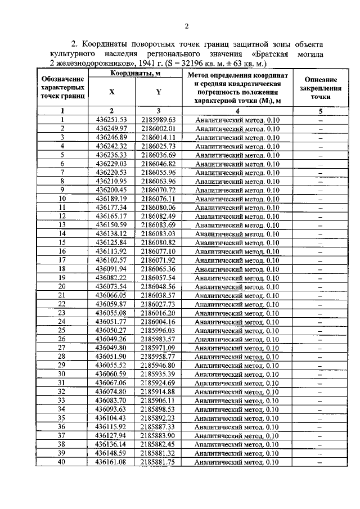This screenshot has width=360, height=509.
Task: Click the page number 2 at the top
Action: pos(186,26)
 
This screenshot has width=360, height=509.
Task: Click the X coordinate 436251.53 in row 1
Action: pos(111,120)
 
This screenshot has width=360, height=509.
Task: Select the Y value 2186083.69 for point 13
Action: pos(159,225)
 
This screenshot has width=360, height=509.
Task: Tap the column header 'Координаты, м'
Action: pos(134,74)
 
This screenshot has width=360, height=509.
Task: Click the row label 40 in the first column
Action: pos(62,462)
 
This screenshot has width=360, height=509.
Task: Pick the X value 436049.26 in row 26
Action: pos(111,339)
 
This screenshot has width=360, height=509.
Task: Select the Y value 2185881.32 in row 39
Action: pos(159,453)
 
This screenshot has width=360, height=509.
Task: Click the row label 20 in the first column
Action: pos(62,286)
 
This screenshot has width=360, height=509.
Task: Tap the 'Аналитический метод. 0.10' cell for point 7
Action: pos(237,173)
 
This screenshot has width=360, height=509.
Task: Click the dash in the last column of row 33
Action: pos(320,400)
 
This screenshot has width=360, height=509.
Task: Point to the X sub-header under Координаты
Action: pos(111,93)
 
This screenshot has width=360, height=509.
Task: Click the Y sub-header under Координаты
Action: pos(159,93)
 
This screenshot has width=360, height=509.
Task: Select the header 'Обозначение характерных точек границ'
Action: pos(63,89)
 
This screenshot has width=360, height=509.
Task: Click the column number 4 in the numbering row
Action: pos(237,111)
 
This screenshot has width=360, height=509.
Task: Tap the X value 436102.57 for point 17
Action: pos(111,260)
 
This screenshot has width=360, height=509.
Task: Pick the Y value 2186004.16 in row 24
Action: pos(159,322)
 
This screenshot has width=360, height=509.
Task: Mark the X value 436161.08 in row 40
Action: pos(111,462)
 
